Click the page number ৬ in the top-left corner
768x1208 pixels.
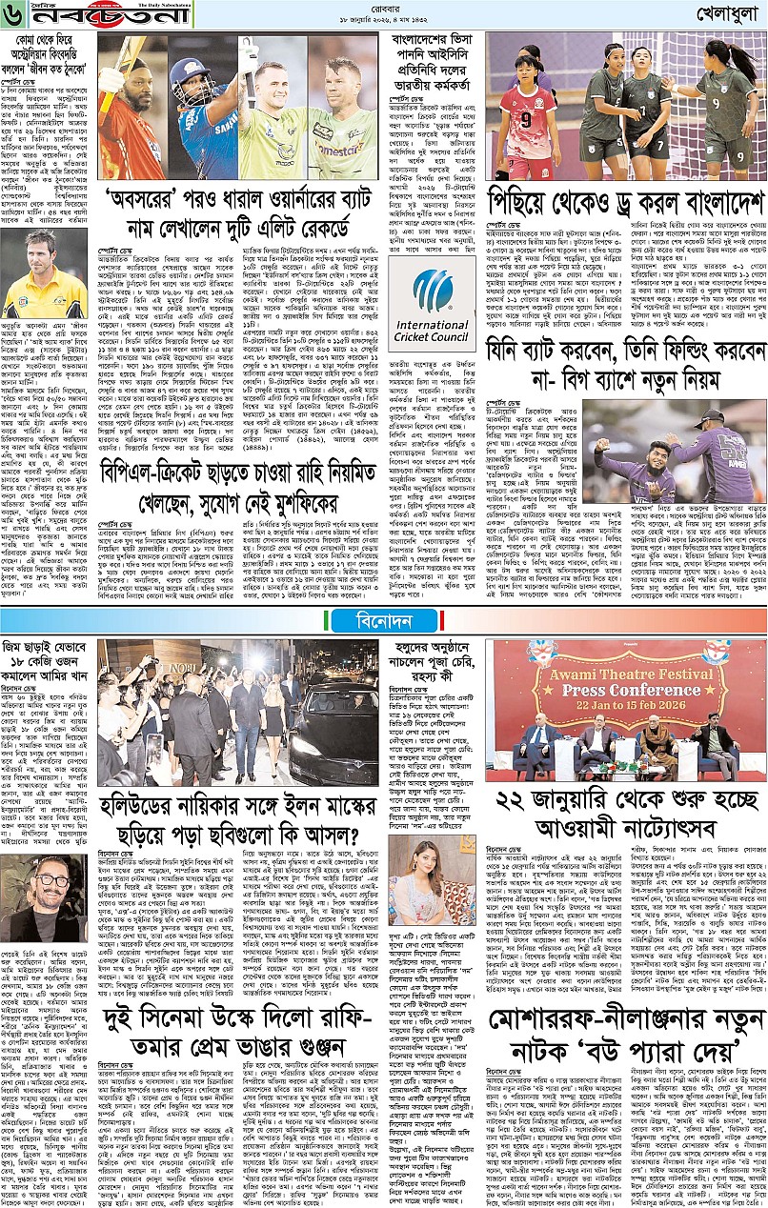(12, 15)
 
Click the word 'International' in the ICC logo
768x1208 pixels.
(435, 324)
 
